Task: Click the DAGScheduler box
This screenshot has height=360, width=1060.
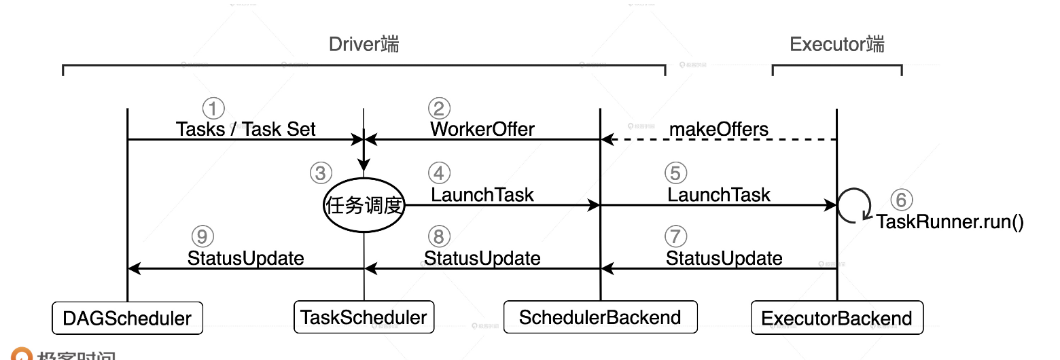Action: tap(128, 318)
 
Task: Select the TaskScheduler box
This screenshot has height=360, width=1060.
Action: tap(364, 317)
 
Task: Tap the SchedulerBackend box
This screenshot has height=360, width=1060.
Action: tap(600, 317)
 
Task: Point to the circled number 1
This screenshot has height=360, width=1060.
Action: tap(213, 108)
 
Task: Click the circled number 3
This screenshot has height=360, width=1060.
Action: tap(321, 173)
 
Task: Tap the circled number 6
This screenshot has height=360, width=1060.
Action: tap(902, 200)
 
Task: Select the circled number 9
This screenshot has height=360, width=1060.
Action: tap(202, 236)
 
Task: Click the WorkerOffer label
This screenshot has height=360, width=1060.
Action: tap(482, 129)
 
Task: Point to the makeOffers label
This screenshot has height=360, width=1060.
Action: tap(719, 129)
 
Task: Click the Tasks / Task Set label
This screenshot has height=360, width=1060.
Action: tap(245, 129)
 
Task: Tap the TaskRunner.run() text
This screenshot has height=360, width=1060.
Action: tap(949, 222)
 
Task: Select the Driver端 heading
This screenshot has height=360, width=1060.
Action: tap(364, 45)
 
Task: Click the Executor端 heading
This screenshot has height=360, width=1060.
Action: tap(837, 45)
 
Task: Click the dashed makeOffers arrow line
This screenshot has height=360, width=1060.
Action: tap(720, 140)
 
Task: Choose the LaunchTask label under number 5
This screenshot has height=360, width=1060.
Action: tap(719, 195)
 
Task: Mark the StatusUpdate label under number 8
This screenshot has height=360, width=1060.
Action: tap(482, 258)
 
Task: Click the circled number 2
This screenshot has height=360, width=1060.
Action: tap(439, 108)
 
